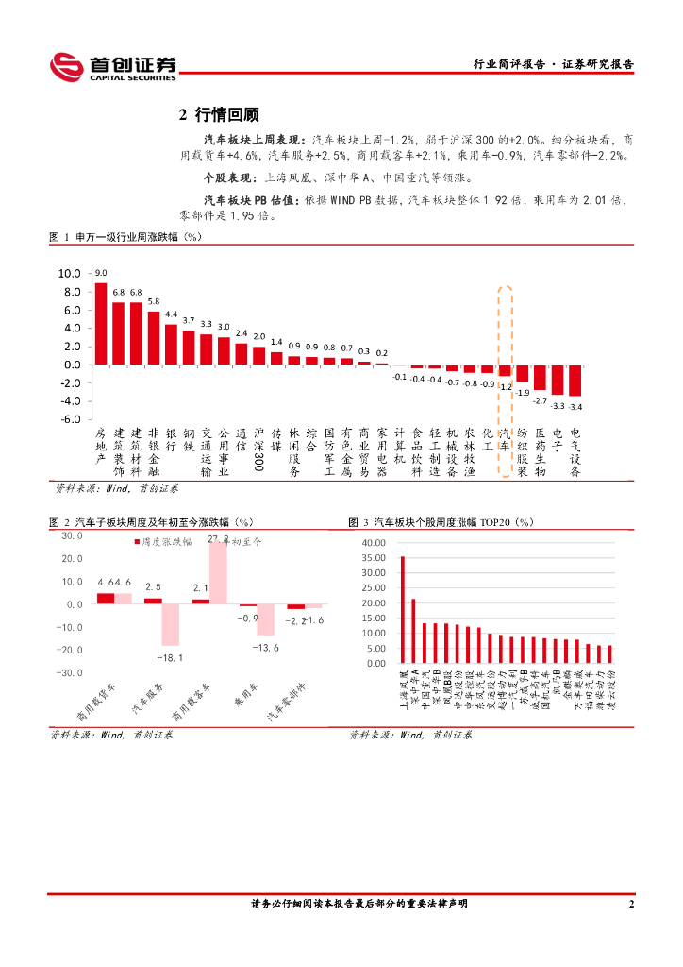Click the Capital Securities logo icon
(67, 67)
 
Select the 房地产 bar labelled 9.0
(101, 324)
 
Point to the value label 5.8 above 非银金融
(154, 301)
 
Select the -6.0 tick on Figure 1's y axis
(71, 418)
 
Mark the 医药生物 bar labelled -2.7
(540, 377)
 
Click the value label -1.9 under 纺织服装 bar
(523, 392)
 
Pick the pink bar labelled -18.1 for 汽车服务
(170, 625)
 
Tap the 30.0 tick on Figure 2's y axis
(73, 535)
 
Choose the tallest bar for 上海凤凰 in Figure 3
(402, 610)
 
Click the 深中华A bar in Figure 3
(413, 631)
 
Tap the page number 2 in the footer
(630, 904)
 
